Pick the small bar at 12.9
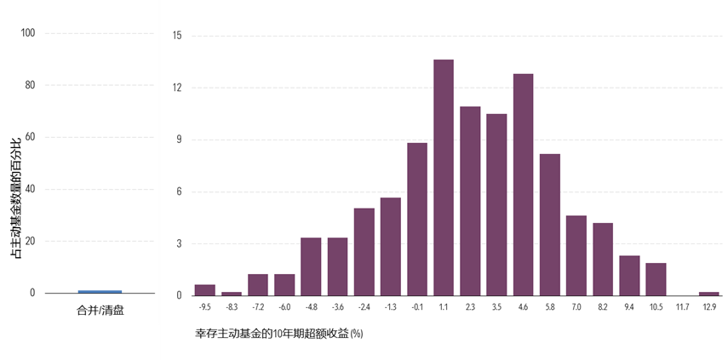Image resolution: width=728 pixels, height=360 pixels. [708, 294]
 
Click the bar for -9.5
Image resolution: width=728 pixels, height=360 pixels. [204, 290]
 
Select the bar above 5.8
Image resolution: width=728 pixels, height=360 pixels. [549, 225]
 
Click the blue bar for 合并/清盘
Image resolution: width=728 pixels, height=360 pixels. [100, 292]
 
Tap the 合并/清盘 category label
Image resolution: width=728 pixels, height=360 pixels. [100, 311]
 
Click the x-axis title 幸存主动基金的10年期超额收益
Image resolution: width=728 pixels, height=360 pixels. [278, 333]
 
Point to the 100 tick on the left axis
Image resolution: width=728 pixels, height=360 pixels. [28, 33]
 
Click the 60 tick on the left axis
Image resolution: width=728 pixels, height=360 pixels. [30, 137]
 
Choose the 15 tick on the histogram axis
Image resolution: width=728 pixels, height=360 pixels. [177, 36]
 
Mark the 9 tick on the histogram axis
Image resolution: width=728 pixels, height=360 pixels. [179, 140]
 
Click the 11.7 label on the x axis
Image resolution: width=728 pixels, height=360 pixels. [682, 307]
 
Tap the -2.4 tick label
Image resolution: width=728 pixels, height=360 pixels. [364, 307]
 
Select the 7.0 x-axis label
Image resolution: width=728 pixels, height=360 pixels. [576, 307]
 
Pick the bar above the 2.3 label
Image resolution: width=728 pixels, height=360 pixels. [470, 201]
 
